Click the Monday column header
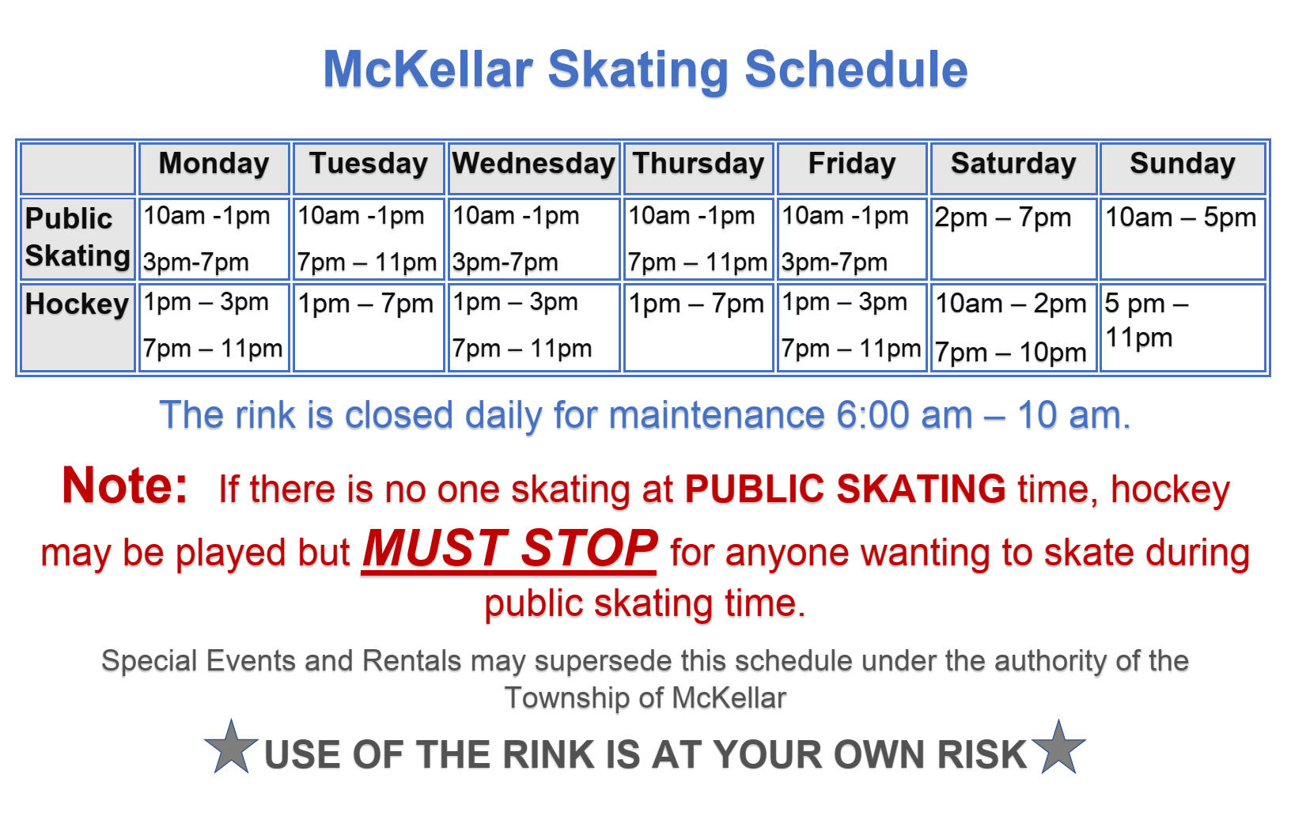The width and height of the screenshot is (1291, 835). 214,164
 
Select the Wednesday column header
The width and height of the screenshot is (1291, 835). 533,164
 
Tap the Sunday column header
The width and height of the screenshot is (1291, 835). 1182,164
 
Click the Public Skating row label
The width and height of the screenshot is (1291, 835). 77,237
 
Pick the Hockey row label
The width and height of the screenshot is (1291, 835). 77,304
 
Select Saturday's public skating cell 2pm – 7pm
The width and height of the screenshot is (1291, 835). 1002,217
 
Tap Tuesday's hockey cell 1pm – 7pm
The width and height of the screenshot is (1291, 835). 365,304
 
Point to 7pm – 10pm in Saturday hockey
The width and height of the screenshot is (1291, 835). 1010,353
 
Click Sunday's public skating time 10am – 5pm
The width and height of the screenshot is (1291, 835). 1180,217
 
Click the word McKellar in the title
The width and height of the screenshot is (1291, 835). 427,70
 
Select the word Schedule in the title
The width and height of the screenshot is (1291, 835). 856,70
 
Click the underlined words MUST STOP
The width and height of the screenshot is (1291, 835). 509,549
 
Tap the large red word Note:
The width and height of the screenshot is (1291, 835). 125,486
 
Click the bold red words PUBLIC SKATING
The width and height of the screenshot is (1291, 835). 845,489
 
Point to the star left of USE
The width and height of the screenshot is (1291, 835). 231,748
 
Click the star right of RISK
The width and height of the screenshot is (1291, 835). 1058,748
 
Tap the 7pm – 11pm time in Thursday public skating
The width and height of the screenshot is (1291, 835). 697,263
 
